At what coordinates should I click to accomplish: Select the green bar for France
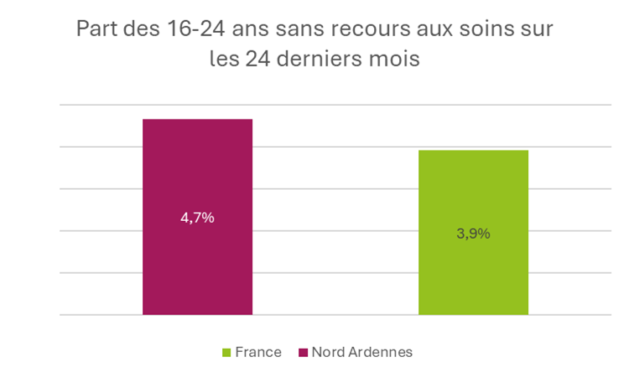pyautogui.click(x=473, y=269)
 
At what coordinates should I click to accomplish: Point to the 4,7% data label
pyautogui.click(x=197, y=218)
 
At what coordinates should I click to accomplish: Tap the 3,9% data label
pyautogui.click(x=473, y=234)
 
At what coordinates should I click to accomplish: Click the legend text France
pyautogui.click(x=258, y=352)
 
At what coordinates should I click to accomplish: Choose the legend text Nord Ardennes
pyautogui.click(x=361, y=352)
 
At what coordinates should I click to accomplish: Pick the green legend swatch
pyautogui.click(x=226, y=353)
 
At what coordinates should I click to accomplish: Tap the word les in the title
pyautogui.click(x=224, y=60)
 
